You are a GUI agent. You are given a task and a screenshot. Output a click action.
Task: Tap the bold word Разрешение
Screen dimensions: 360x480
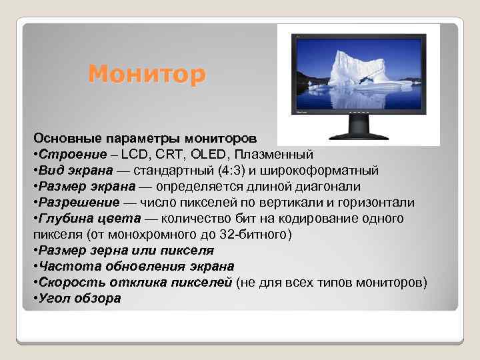pyautogui.click(x=80, y=202)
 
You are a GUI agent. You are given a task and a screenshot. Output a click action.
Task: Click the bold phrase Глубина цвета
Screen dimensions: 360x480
pyautogui.click(x=90, y=218)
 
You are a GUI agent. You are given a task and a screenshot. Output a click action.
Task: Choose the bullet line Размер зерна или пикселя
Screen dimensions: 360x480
pyautogui.click(x=126, y=250)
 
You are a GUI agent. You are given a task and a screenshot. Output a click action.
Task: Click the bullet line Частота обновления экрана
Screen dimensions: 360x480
pyautogui.click(x=136, y=266)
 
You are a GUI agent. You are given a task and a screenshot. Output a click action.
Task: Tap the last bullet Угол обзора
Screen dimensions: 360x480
pyautogui.click(x=79, y=298)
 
